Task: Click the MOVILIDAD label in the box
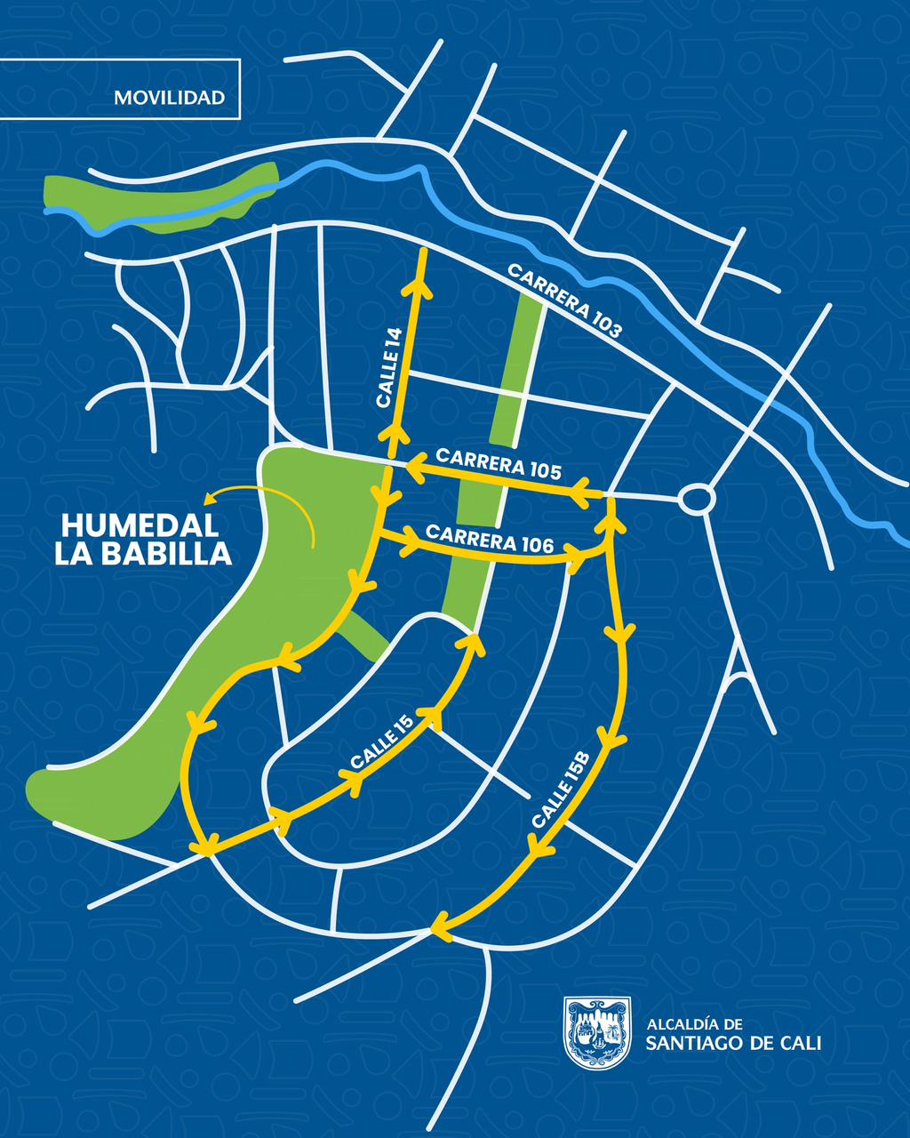(169, 98)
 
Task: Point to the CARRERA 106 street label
(490, 539)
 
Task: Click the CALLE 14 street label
(389, 368)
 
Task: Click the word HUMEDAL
(140, 525)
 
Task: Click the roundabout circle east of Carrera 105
(696, 499)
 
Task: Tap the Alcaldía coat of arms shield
(597, 1030)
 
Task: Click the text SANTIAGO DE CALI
(733, 1043)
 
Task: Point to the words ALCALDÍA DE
(694, 1024)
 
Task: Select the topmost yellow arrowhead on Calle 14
(418, 287)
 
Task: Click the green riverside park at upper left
(160, 197)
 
